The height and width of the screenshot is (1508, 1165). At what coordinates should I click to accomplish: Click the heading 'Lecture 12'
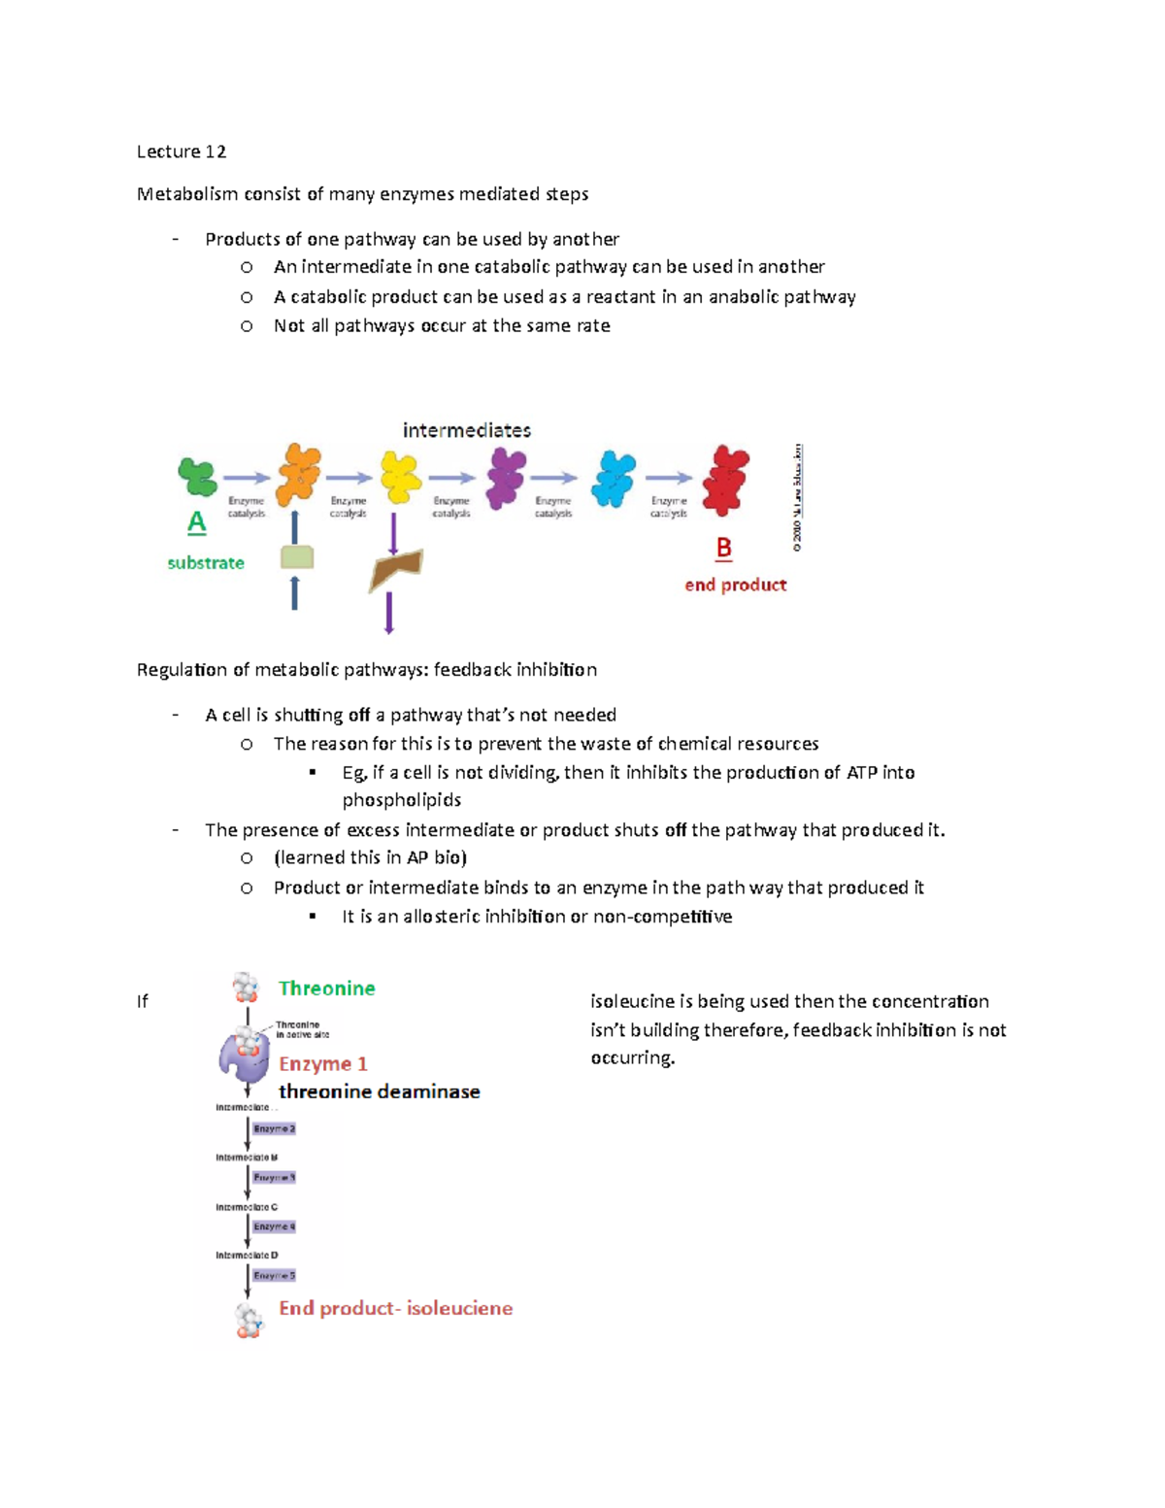pos(182,151)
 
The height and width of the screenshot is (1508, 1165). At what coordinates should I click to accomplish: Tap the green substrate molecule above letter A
pos(198,477)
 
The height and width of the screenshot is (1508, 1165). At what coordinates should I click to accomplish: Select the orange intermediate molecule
pos(299,474)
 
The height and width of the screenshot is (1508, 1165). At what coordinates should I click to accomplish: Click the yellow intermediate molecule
pos(400,477)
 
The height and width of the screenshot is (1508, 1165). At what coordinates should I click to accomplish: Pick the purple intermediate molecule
pos(506,478)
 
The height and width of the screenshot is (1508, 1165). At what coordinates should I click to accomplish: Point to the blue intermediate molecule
pos(614,478)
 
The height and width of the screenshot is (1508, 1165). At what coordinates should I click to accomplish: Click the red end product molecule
pos(725,480)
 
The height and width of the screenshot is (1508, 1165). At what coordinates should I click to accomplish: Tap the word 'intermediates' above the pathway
pos(467,430)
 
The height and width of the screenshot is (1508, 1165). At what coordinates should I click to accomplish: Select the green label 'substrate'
pos(206,563)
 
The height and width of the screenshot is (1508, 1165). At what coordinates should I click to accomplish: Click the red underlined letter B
pos(723,549)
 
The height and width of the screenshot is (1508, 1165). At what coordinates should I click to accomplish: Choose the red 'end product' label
pos(735,585)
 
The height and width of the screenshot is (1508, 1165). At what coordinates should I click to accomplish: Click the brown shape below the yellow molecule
pos(395,569)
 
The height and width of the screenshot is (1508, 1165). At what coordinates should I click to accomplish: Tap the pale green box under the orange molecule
pos(297,557)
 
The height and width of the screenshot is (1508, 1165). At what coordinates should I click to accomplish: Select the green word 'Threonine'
pos(326,989)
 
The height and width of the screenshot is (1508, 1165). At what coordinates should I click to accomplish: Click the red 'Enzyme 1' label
pos(323,1064)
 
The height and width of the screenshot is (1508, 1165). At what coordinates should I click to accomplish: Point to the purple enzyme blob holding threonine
pos(243,1056)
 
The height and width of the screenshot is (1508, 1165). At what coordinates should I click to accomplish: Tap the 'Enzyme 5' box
pos(274,1275)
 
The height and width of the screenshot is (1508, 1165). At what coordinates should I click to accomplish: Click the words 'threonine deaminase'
pos(380,1091)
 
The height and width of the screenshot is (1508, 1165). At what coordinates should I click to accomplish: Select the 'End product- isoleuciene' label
pos(395,1308)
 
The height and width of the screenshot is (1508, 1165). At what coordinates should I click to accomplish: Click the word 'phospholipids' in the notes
pos(402,800)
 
